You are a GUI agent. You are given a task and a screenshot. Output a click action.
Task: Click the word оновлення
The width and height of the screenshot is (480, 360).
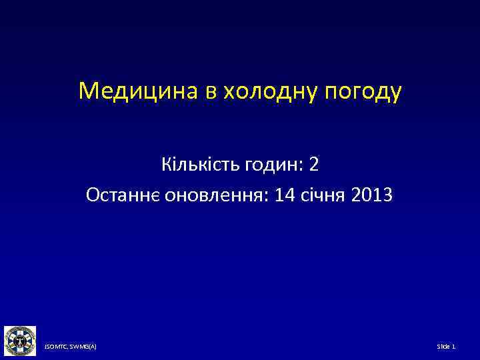(x=225, y=196)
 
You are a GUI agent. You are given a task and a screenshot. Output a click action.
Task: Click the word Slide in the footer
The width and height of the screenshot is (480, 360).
(x=443, y=347)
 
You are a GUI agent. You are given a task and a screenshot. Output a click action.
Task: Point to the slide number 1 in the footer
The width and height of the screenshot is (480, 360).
(x=454, y=347)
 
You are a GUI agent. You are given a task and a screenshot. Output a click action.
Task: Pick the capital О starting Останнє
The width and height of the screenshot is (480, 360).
(x=92, y=196)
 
